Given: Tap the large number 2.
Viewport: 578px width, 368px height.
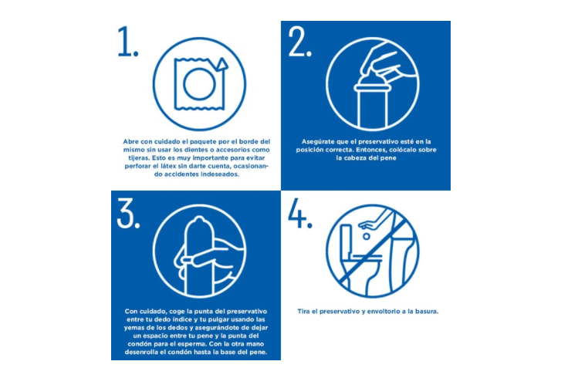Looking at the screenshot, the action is click(299, 41).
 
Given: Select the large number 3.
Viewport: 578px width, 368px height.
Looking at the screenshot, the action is click(127, 213).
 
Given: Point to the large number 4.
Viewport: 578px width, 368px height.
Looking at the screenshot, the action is click(299, 213).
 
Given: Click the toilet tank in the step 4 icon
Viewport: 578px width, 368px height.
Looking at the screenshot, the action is click(346, 238).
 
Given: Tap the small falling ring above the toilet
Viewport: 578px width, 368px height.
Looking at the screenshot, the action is click(366, 236).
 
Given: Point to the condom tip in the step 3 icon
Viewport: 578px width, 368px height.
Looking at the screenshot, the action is click(199, 221).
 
